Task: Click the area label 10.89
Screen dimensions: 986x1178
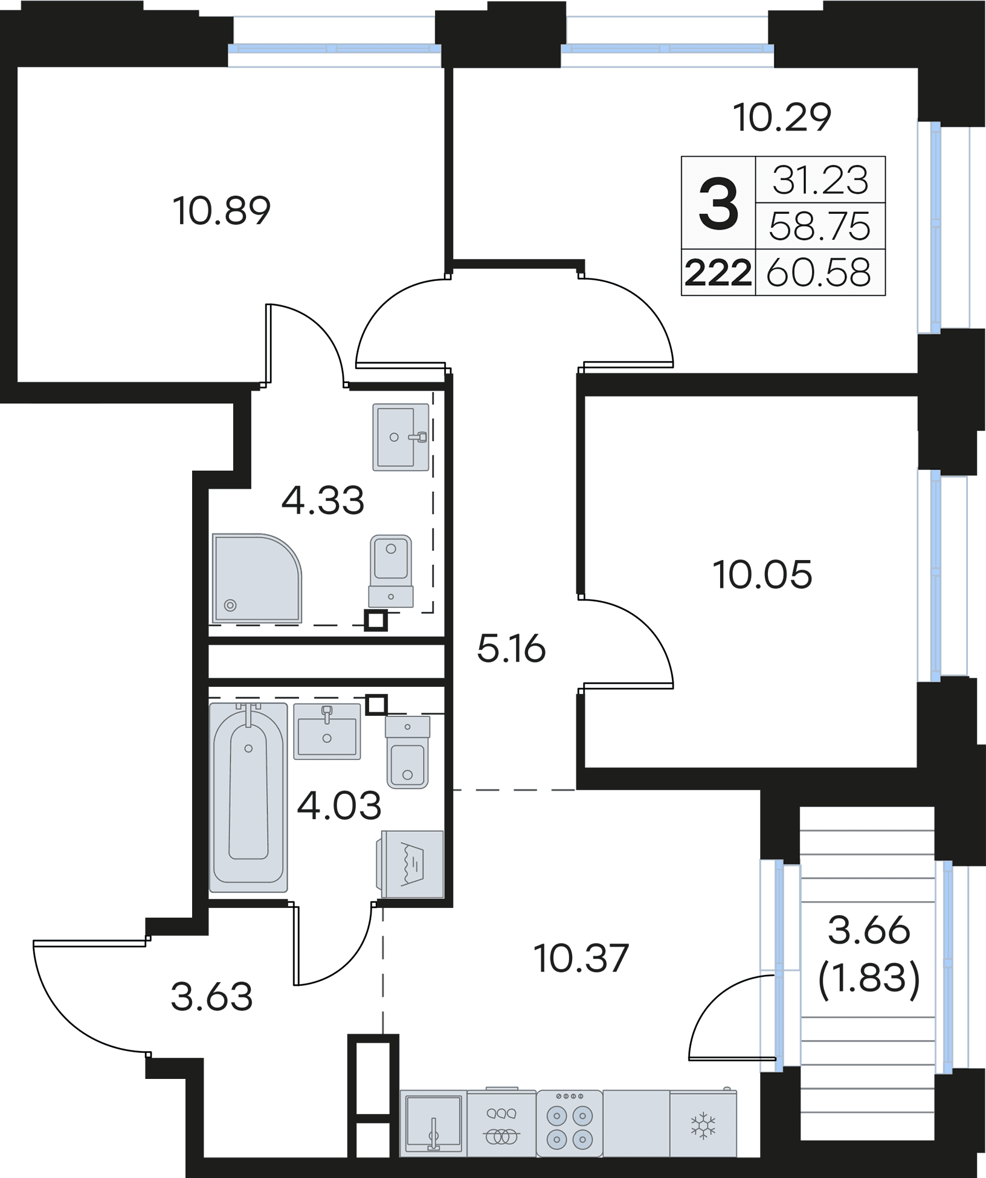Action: [222, 211]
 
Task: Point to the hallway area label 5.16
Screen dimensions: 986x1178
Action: [511, 649]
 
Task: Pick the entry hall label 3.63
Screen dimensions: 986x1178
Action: [211, 997]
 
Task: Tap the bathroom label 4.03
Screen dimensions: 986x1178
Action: [339, 806]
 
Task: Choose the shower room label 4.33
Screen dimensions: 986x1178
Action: [323, 500]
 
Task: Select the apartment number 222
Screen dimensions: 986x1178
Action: [718, 273]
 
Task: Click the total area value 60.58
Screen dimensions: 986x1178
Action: [819, 272]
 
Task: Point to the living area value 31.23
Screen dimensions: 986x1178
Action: [820, 180]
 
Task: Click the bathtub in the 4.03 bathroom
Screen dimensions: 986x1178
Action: [248, 797]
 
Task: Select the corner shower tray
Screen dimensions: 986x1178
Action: [257, 578]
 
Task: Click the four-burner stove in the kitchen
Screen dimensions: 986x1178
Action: [569, 1123]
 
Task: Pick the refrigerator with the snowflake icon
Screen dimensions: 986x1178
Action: [703, 1123]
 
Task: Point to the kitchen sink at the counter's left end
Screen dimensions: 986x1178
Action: [433, 1123]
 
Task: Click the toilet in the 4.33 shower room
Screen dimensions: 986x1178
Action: [391, 571]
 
